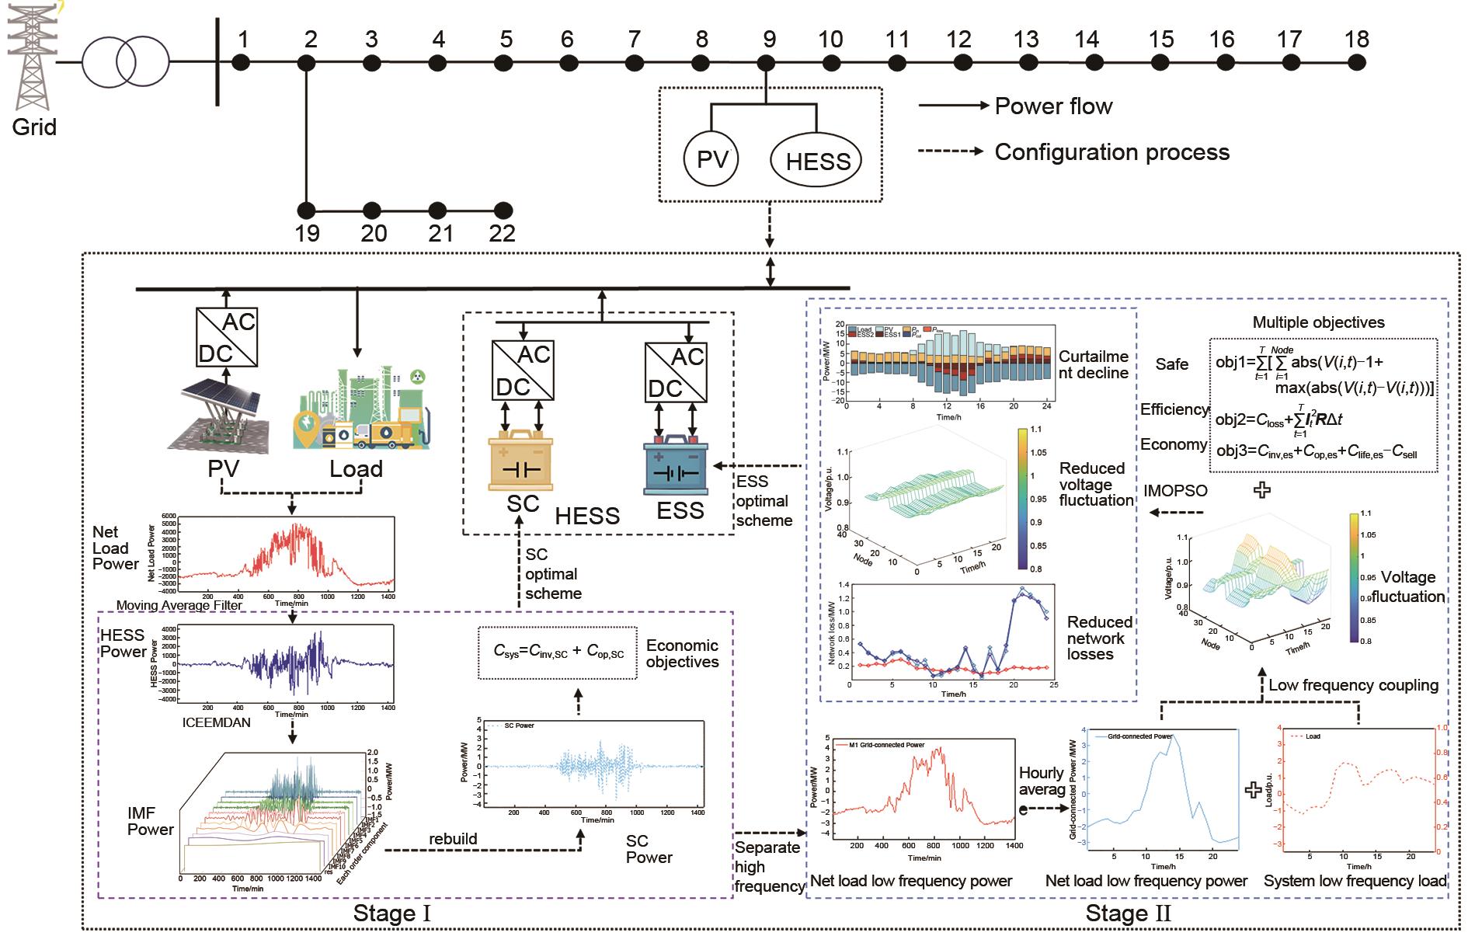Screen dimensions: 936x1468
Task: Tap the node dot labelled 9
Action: (x=767, y=62)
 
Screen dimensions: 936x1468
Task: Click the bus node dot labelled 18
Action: (x=1356, y=62)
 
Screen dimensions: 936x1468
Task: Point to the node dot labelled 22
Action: (x=503, y=210)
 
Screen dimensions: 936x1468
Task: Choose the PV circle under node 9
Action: (x=711, y=159)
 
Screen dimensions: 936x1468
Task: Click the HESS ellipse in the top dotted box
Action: (x=817, y=161)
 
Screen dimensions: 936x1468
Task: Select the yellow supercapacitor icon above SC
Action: (x=520, y=462)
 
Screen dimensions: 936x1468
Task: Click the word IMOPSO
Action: (x=1175, y=490)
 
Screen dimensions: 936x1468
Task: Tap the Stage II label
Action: (x=1128, y=913)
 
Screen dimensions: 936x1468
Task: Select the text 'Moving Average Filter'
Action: (x=179, y=605)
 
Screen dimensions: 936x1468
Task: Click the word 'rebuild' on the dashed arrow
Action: (x=453, y=840)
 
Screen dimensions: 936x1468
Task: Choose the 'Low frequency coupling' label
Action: (x=1353, y=685)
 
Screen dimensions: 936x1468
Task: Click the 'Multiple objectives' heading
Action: (x=1318, y=322)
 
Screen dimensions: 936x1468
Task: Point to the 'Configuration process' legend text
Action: (x=1111, y=151)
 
